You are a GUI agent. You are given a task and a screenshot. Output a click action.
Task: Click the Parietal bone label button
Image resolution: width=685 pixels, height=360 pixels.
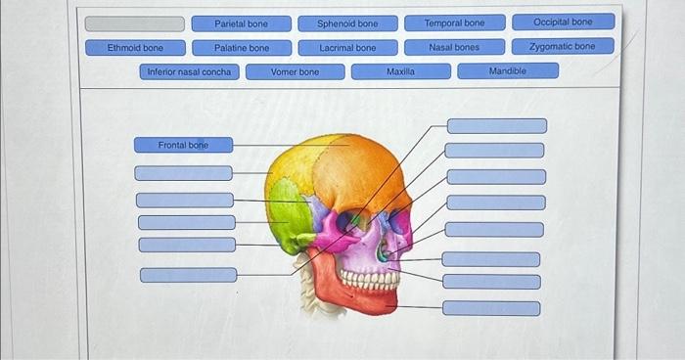tap(241, 23)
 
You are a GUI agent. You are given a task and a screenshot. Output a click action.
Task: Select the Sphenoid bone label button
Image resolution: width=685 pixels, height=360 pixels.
tap(347, 23)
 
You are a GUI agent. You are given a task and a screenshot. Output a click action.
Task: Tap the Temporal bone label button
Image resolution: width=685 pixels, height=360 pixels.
tap(455, 22)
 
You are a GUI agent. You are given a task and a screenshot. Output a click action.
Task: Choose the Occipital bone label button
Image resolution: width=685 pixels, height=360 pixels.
tap(563, 22)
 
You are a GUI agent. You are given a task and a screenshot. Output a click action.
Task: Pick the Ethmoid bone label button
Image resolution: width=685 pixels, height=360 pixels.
tap(135, 48)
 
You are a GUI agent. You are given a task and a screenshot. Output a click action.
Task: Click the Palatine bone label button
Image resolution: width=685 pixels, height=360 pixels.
tap(242, 48)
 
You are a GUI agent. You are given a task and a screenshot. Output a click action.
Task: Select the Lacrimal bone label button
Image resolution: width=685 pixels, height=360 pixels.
tap(347, 48)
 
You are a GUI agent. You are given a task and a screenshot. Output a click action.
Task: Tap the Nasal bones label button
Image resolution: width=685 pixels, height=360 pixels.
tap(454, 47)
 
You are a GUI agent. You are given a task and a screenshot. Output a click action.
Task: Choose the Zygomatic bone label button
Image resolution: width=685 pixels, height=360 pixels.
tap(563, 46)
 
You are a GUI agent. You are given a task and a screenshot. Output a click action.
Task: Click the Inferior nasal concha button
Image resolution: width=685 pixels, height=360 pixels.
tap(189, 71)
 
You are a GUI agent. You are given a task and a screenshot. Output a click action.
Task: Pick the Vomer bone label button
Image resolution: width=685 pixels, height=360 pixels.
tap(295, 71)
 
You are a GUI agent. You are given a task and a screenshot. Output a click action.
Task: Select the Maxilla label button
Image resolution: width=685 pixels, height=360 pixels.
tap(400, 71)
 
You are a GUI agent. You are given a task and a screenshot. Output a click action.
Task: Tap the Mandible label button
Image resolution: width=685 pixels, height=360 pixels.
tap(508, 70)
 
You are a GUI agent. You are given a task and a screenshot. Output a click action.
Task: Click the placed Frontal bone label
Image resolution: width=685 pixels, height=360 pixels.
tap(184, 145)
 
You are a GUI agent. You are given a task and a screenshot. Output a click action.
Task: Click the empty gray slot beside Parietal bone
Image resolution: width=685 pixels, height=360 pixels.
tap(135, 24)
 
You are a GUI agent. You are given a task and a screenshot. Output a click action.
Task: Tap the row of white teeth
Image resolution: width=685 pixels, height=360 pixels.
tap(370, 280)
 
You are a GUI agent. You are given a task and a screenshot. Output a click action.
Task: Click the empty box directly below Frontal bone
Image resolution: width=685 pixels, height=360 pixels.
tap(184, 173)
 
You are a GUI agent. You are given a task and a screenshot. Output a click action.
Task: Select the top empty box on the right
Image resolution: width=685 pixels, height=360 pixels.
tap(497, 126)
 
